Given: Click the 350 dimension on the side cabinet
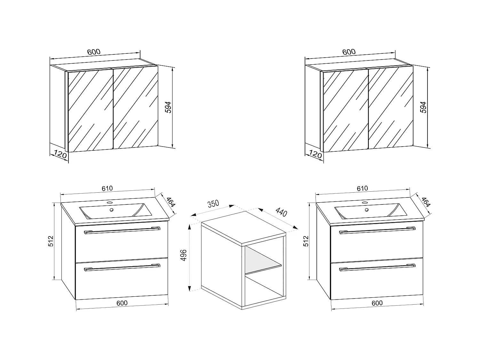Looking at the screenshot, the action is point(213,204).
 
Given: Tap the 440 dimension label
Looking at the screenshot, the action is point(281,212).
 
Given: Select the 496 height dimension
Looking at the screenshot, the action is point(184,255).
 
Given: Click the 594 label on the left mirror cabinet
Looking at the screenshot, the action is point(168,107).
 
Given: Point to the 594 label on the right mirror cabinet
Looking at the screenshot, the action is point(423,107).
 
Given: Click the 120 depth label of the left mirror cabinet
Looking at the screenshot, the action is point(60,154).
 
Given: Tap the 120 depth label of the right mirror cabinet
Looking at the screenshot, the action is point(315,154).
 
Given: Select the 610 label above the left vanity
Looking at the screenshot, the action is point(107,188).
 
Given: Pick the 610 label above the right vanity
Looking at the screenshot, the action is point(362,188).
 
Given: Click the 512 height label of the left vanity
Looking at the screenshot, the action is point(51,241).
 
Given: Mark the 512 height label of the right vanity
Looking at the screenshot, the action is point(306,241).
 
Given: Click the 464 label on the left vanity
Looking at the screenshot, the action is point(171,202).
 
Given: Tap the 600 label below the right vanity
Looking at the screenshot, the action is point(377,303).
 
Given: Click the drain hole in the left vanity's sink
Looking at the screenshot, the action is point(112,210).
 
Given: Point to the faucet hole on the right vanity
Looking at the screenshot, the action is point(364,203).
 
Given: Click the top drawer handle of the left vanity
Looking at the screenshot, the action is point(122,230).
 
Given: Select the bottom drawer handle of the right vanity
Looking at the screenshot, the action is point(377,267).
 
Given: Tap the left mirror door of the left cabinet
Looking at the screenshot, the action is point(91,111).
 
